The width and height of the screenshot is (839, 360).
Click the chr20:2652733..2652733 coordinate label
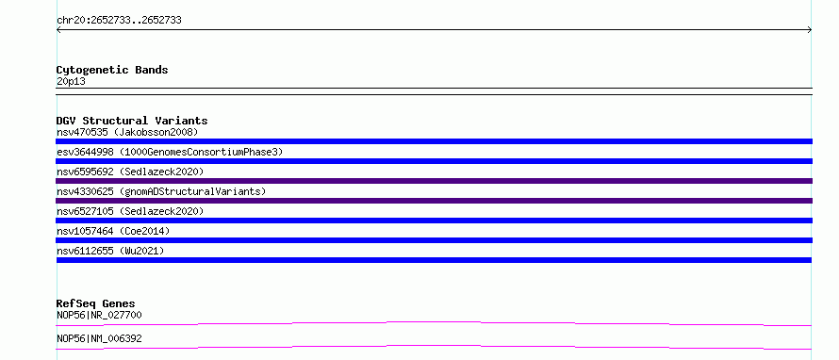tap(119, 21)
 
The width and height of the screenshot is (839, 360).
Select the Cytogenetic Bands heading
tap(112, 70)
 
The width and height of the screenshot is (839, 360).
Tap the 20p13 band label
tap(71, 82)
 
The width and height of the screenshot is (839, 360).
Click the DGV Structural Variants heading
tap(132, 121)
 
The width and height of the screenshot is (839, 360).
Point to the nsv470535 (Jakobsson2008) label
tap(127, 132)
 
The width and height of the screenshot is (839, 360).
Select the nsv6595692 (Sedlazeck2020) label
tap(130, 172)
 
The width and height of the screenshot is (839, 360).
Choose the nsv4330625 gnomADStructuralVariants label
tap(161, 191)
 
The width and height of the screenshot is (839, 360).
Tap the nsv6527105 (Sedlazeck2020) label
tap(130, 211)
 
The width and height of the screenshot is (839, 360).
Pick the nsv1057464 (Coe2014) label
tap(113, 231)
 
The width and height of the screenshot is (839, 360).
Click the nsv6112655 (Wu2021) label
tap(110, 251)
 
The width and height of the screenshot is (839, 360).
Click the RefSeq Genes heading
tap(96, 303)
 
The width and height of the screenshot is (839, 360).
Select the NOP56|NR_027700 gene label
tap(99, 315)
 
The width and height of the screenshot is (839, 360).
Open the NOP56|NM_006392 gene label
tap(99, 338)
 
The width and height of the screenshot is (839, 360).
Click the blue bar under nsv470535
tap(434, 141)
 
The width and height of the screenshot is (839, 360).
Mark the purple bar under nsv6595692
tap(434, 181)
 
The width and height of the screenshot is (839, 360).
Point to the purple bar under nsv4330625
tap(434, 201)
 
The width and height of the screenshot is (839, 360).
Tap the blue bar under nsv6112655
tap(434, 260)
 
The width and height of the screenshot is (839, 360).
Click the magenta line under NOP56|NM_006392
tap(434, 346)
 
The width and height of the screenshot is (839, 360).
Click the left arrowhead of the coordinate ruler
tap(58, 30)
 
